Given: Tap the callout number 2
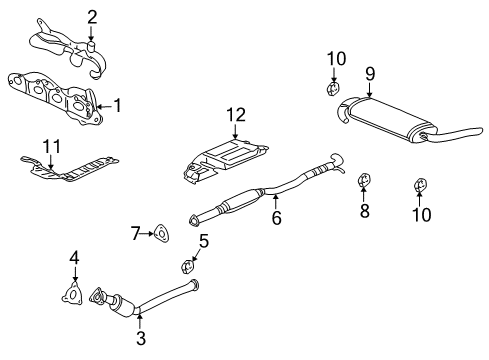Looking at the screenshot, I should click(x=91, y=16).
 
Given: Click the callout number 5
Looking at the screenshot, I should click(x=203, y=240).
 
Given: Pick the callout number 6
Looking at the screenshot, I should click(x=275, y=216).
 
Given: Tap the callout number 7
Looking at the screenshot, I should click(x=136, y=233).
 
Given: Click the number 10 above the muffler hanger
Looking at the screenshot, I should click(x=335, y=58).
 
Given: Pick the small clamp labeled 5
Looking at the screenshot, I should click(x=187, y=265).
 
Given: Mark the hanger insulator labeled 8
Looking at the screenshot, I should click(x=365, y=182).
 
